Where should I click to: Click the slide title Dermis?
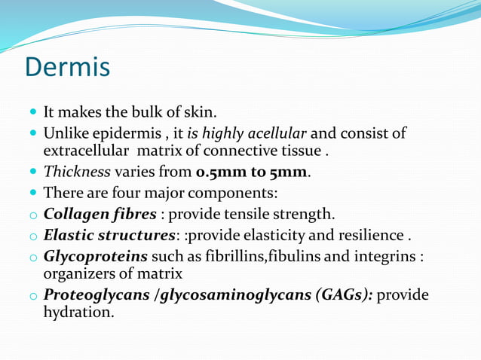pyautogui.click(x=68, y=67)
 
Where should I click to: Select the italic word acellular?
pyautogui.click(x=275, y=134)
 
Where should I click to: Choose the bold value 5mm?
pyautogui.click(x=290, y=172)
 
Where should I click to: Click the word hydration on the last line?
pyautogui.click(x=79, y=311)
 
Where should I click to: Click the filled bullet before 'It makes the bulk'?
pyautogui.click(x=33, y=113)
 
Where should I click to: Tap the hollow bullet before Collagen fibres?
pyautogui.click(x=33, y=215)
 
